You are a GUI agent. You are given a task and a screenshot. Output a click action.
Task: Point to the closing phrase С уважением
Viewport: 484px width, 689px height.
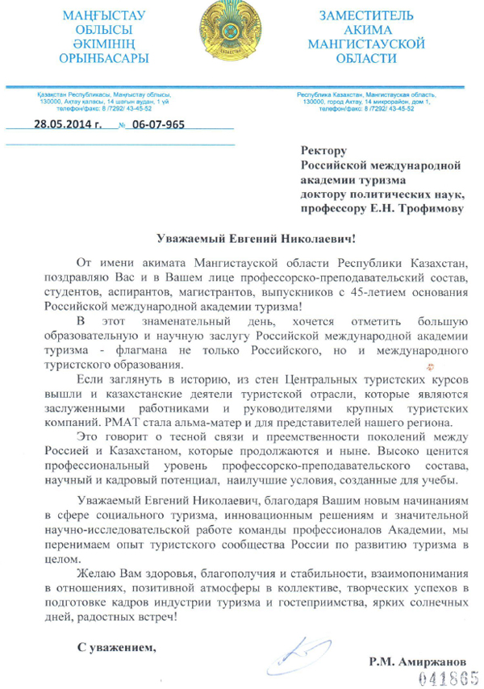[116, 646]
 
